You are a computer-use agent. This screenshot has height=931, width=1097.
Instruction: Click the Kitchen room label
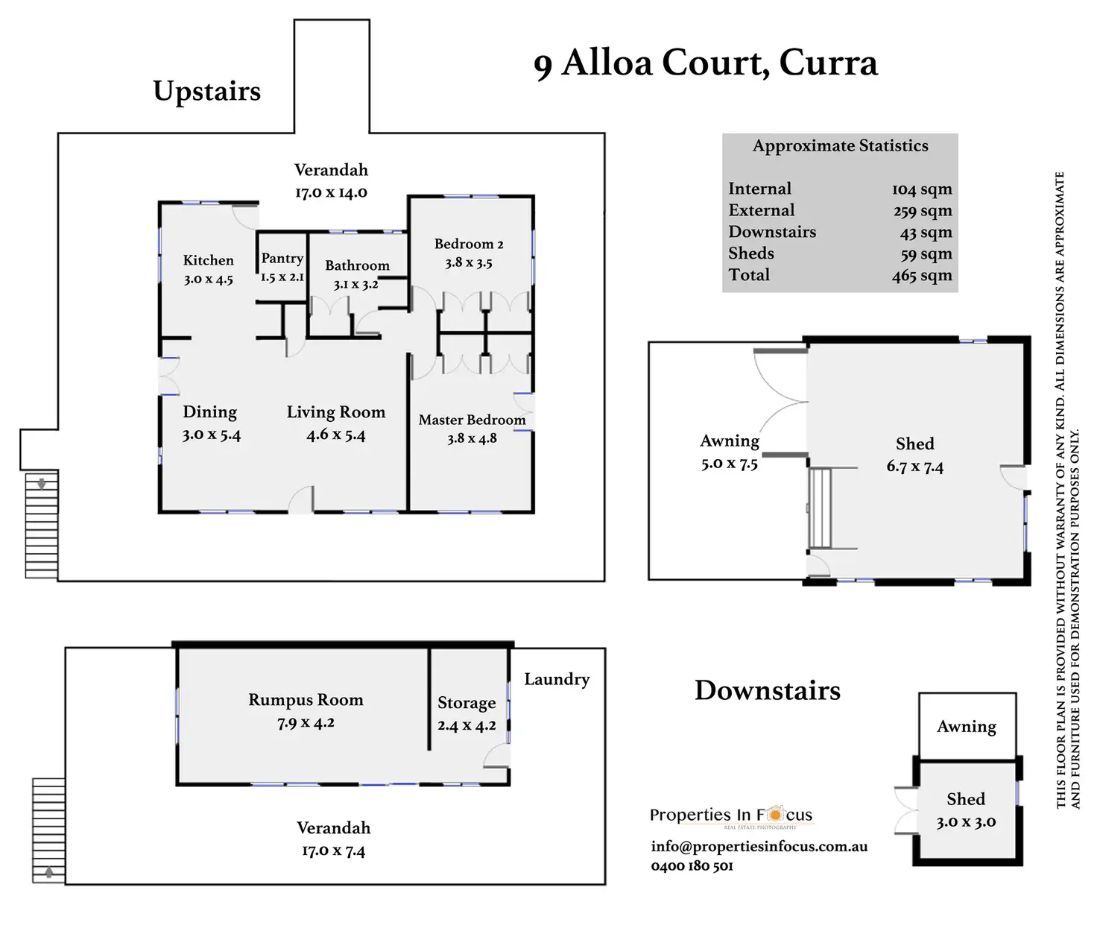[208, 260]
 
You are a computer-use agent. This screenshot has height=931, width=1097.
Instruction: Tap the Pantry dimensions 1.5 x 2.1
[282, 277]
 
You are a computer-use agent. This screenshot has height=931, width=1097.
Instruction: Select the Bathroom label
[357, 265]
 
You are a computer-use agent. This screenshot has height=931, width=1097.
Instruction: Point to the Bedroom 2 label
[469, 244]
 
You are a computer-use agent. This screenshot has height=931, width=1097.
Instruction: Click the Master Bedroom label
[472, 420]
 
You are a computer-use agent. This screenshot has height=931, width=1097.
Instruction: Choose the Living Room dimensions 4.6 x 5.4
[336, 435]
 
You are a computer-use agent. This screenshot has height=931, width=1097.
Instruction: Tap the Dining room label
[209, 412]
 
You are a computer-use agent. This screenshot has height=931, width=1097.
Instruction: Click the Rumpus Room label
[306, 700]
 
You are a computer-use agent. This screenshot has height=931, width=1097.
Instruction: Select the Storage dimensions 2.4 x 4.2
[467, 725]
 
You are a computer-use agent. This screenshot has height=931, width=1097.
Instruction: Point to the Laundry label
[557, 679]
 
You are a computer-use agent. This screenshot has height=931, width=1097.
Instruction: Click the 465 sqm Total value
[922, 275]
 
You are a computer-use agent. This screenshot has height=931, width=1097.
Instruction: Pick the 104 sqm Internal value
[922, 189]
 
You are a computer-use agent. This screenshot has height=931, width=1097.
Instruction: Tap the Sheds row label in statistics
[751, 253]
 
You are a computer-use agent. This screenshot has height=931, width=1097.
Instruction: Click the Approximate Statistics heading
[840, 145]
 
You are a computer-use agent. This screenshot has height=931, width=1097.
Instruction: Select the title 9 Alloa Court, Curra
[705, 63]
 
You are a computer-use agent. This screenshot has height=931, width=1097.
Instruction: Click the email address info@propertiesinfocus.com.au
[759, 846]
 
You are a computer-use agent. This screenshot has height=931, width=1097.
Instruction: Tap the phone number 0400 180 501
[692, 865]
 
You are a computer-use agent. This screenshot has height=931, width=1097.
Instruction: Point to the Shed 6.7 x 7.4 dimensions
[914, 467]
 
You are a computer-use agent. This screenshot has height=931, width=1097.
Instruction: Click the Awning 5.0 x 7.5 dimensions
[729, 464]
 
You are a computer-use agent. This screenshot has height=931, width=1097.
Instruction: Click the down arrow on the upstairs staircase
[42, 484]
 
